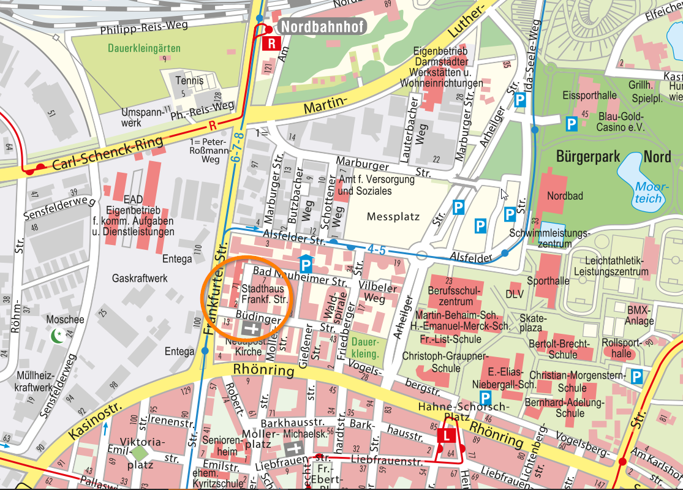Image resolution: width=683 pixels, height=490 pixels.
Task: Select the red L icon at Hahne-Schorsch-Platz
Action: [446, 435]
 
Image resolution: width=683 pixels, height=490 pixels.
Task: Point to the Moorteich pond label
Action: [649, 192]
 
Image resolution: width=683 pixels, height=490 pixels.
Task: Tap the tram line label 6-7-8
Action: [238, 146]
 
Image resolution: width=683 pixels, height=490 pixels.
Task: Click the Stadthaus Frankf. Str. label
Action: [264, 294]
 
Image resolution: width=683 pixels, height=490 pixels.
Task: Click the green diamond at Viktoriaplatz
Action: [140, 453]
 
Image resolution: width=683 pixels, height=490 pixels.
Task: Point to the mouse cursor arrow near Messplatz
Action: [504, 194]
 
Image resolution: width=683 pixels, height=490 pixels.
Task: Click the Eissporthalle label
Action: [590, 96]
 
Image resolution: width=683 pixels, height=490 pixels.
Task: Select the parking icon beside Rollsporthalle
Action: [637, 376]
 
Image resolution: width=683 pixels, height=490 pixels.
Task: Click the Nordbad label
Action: [565, 196]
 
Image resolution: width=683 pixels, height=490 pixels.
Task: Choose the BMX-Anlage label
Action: [640, 315]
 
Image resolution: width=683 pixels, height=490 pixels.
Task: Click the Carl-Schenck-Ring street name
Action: [108, 153]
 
